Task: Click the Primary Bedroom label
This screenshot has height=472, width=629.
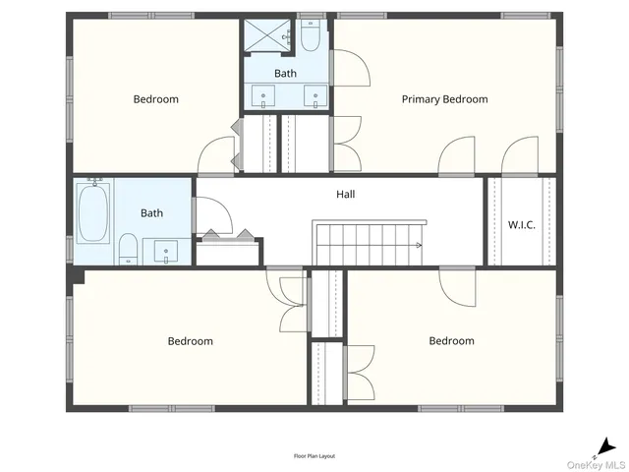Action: tap(444, 99)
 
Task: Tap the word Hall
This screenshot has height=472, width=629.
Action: tap(345, 195)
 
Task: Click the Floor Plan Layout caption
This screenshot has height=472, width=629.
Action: tap(314, 456)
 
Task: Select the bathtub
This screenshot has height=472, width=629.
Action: tap(94, 214)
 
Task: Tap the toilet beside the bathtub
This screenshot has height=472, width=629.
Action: tap(128, 250)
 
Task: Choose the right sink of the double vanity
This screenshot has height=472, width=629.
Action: tap(314, 96)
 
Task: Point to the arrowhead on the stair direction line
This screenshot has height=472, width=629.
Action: tap(420, 245)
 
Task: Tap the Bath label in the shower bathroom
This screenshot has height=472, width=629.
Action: tap(285, 74)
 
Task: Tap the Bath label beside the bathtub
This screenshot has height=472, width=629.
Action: tap(151, 212)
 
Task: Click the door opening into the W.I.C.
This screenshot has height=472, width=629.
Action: tap(520, 157)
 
